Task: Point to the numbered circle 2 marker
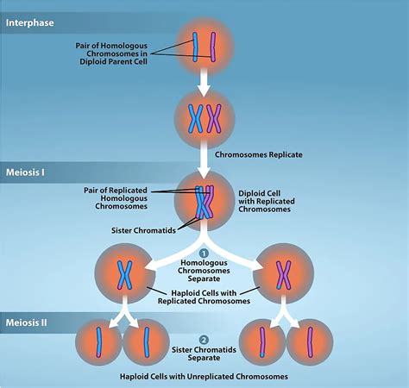click(204, 339)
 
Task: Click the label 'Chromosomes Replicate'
click(269, 154)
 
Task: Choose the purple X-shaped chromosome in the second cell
click(214, 116)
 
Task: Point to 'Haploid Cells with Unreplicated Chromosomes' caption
click(204, 377)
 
